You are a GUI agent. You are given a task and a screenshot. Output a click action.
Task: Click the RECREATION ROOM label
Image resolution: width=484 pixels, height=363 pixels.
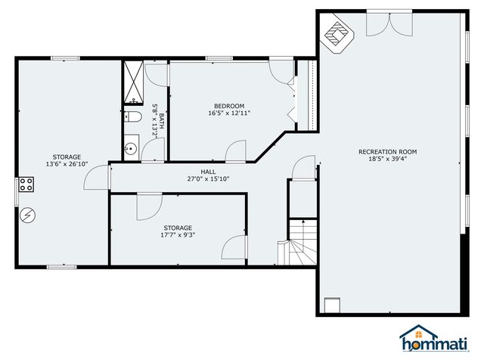point(387,151)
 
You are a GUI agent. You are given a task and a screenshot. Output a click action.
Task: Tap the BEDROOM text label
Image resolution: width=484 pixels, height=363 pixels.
point(229,105)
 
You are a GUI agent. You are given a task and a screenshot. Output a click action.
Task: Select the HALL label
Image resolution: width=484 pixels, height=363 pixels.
point(208,172)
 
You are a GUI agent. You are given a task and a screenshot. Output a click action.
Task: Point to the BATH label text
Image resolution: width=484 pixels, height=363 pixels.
point(161,121)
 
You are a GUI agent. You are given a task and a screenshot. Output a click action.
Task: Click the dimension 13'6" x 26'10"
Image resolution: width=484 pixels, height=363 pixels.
point(67,164)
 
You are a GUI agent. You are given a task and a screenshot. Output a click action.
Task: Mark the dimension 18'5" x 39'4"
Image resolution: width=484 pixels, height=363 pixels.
point(387,160)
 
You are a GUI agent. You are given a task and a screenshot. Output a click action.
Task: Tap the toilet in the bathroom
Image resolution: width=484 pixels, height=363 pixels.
point(132,117)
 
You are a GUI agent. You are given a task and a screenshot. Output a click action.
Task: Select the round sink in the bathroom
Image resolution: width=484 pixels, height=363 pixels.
point(131,149)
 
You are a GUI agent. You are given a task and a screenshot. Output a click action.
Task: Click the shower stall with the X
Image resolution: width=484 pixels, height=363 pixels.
point(133,81)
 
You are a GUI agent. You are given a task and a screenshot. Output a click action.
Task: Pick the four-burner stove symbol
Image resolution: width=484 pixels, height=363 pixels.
point(26,183)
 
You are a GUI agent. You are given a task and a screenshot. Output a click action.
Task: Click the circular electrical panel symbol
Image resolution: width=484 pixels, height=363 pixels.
point(27,216)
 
